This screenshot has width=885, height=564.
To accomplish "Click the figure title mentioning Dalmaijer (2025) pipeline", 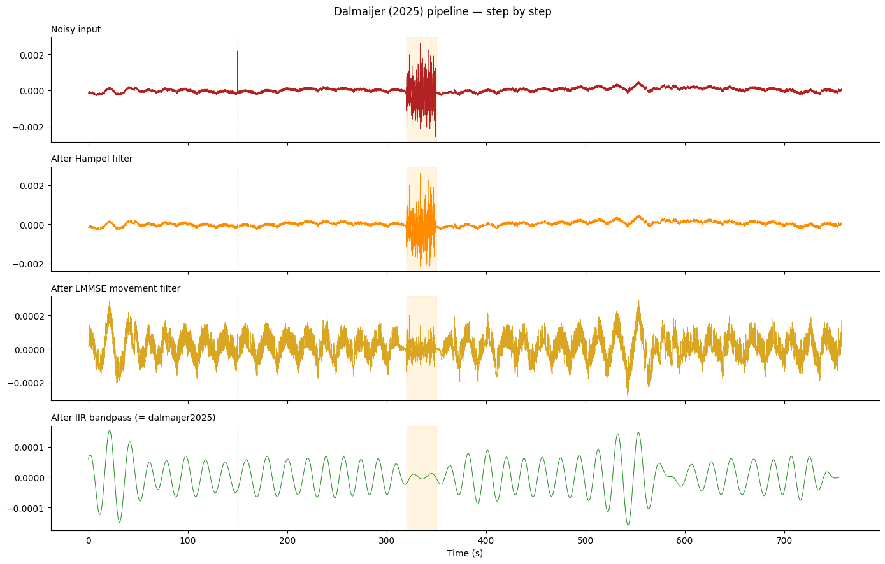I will point(442,12).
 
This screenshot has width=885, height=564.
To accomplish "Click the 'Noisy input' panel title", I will point(76,30).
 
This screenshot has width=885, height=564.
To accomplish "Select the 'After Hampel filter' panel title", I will point(92,159).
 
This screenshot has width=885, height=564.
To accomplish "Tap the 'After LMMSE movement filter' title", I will point(115,289).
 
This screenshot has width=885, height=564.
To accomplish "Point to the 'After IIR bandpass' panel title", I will point(133,418).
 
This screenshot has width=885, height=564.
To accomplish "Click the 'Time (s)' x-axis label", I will point(465,553).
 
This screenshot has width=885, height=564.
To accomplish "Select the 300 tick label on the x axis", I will point(387,541).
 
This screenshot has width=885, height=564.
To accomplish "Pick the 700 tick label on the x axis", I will point(784,541).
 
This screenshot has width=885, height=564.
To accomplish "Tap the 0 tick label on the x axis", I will point(89,541).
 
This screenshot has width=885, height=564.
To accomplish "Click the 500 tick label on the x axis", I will point(586,541).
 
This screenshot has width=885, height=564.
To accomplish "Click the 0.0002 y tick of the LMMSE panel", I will point(27,316).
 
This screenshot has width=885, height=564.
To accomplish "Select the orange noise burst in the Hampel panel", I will point(421,226).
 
